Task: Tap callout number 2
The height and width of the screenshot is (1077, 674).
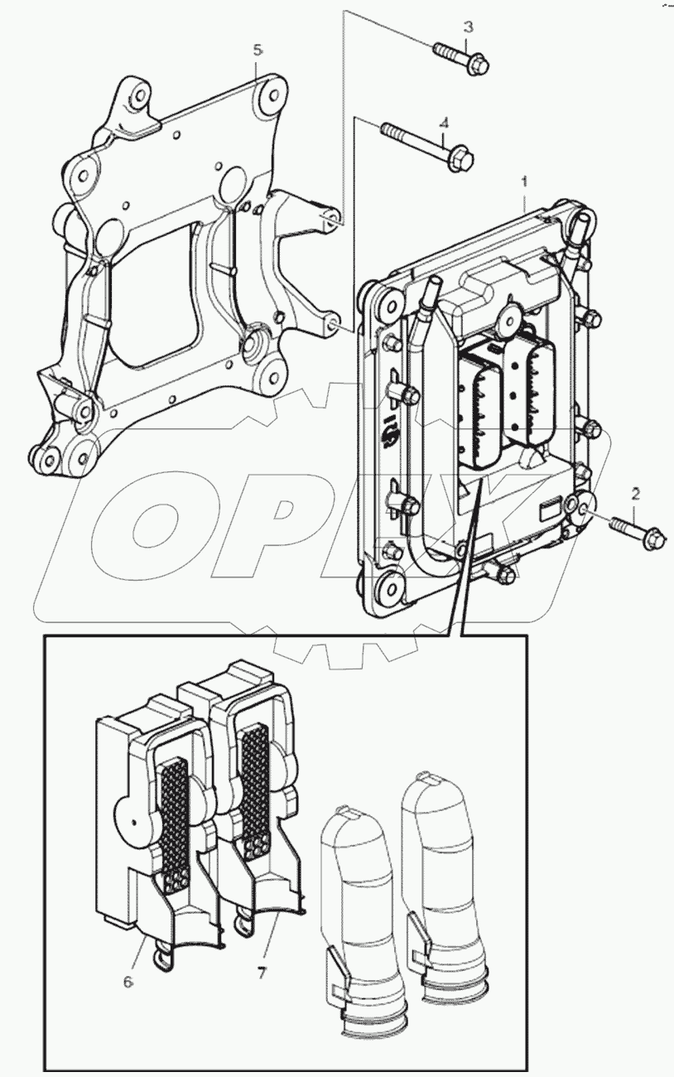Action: (x=635, y=495)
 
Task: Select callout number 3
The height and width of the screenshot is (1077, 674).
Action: (x=468, y=27)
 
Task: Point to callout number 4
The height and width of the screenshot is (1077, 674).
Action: (x=444, y=123)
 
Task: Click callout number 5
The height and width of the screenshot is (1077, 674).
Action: (x=258, y=51)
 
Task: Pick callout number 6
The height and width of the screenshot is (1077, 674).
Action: (x=128, y=983)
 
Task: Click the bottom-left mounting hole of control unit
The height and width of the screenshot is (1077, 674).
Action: (x=388, y=591)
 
